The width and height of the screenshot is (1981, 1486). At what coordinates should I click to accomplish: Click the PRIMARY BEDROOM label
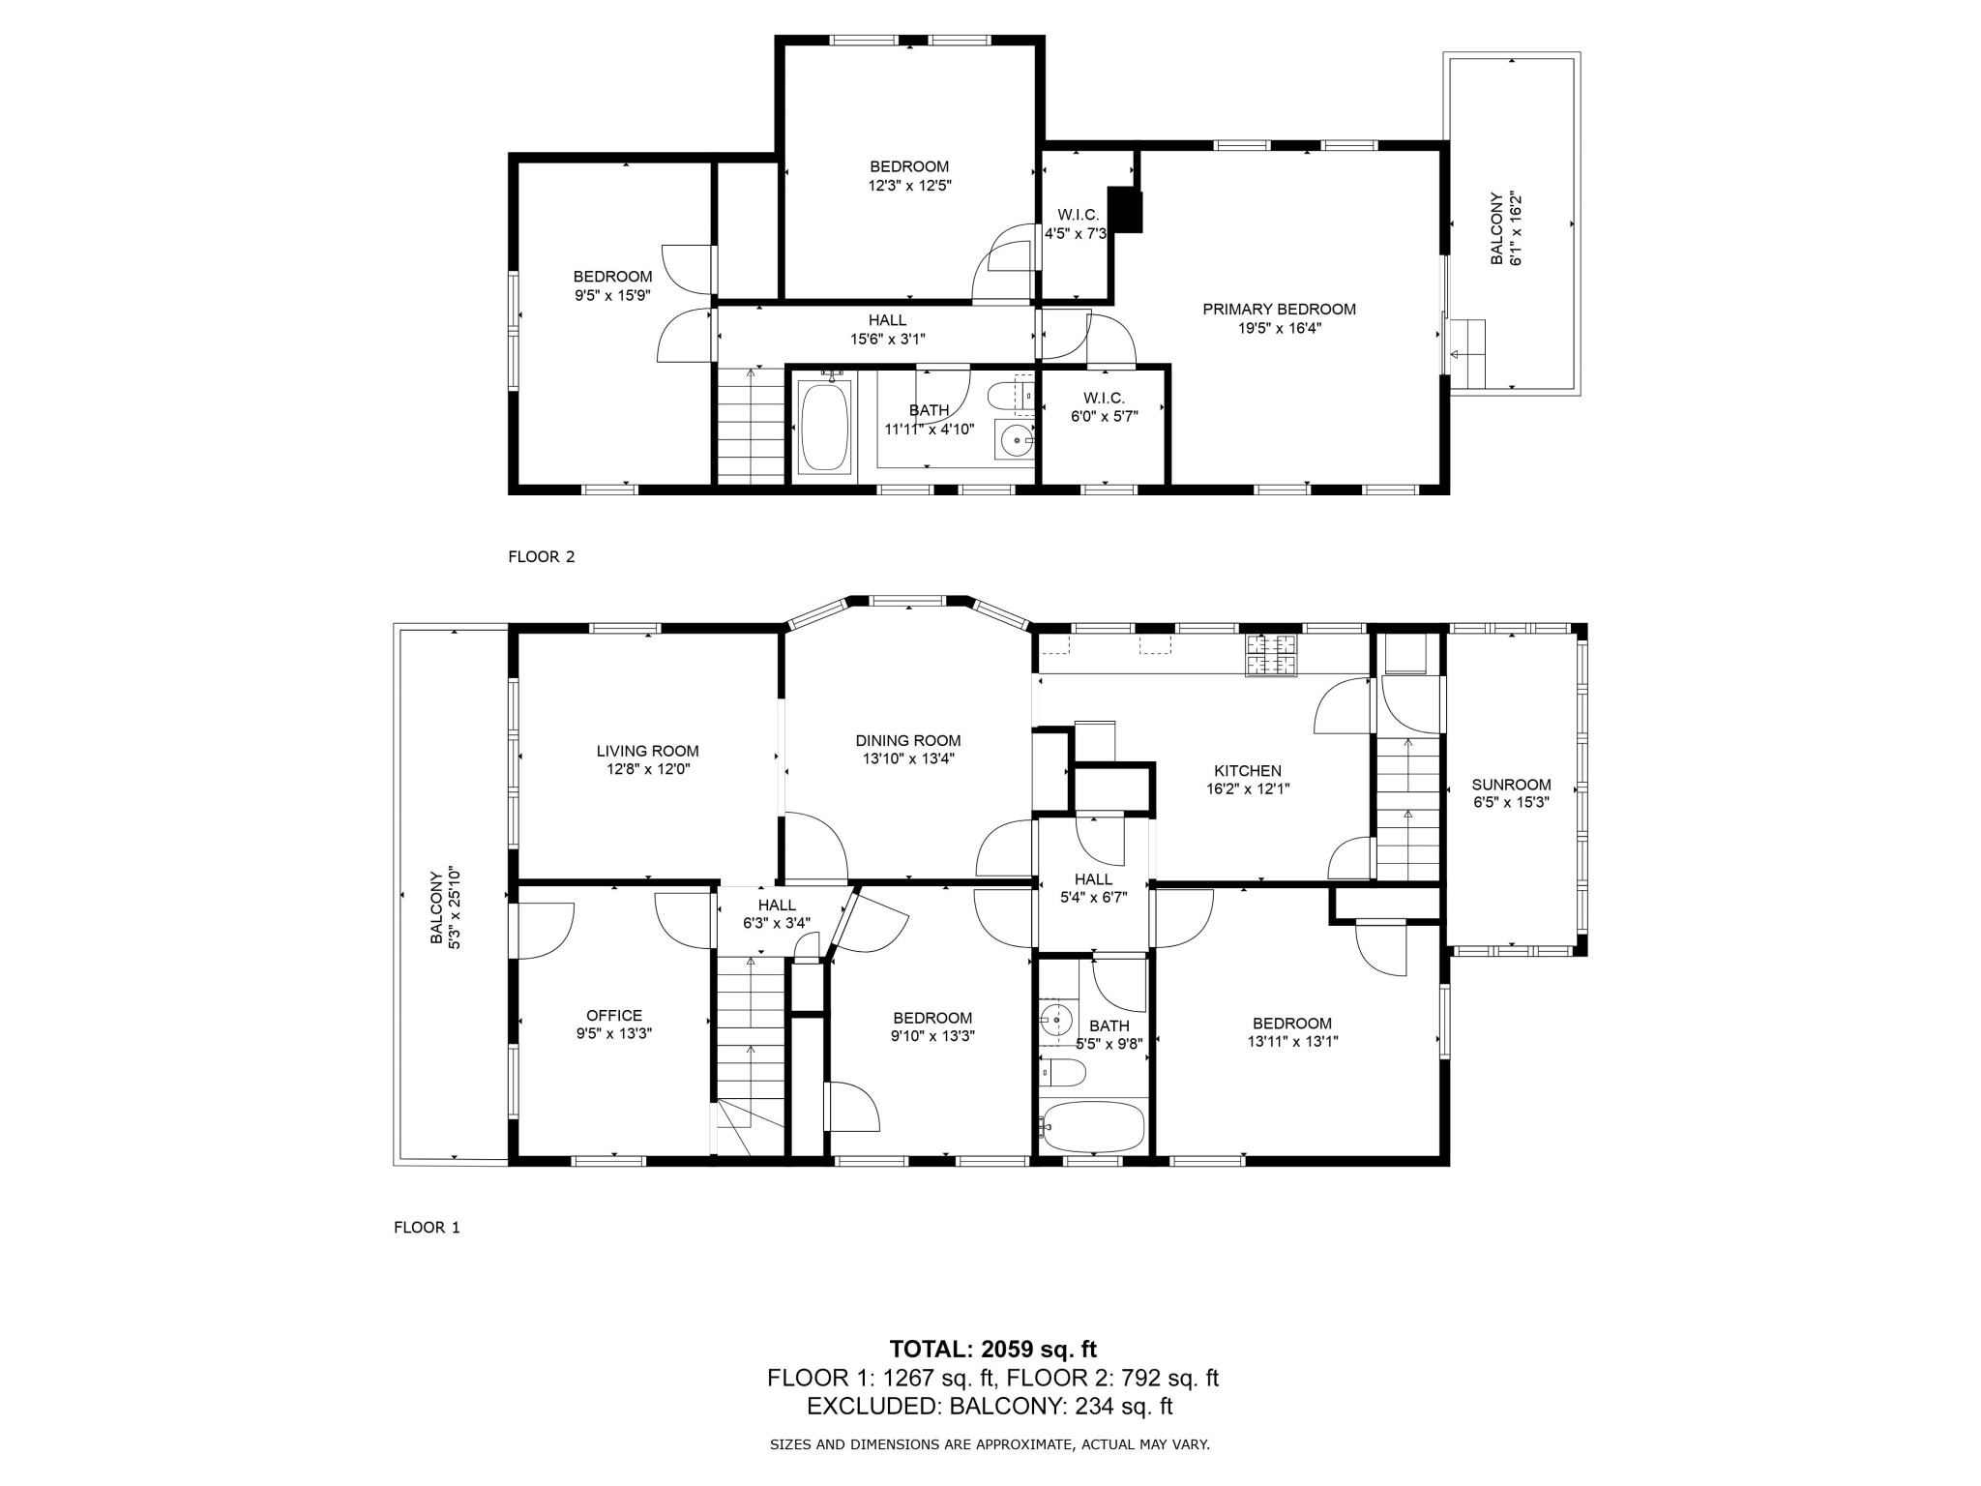click(1279, 310)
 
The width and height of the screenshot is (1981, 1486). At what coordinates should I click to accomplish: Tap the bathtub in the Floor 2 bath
click(824, 427)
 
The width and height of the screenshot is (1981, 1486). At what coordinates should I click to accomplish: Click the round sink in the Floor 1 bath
click(1056, 1019)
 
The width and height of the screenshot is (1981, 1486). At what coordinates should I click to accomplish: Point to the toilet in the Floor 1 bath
click(1064, 1072)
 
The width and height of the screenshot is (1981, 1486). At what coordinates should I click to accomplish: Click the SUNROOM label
click(1511, 785)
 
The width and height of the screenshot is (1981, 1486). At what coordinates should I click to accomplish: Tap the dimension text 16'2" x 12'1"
click(1248, 788)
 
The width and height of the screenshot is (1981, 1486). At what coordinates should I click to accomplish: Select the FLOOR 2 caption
click(541, 556)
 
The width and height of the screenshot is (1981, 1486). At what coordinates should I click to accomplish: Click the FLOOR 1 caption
click(427, 1228)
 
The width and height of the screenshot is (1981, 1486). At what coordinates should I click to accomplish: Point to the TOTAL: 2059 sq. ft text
click(992, 1349)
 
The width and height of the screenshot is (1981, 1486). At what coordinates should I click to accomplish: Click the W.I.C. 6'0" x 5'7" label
click(1104, 407)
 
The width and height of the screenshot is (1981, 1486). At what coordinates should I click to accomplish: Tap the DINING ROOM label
click(907, 741)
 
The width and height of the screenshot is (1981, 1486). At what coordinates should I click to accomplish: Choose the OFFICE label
click(614, 1015)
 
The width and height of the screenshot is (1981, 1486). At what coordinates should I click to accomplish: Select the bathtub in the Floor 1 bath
click(1093, 1125)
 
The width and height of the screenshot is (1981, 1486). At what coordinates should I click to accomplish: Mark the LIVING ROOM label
click(647, 751)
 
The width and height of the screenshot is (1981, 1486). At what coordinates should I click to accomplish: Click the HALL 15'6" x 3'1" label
click(887, 329)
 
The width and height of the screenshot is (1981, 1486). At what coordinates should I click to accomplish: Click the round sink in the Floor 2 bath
click(1016, 442)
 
